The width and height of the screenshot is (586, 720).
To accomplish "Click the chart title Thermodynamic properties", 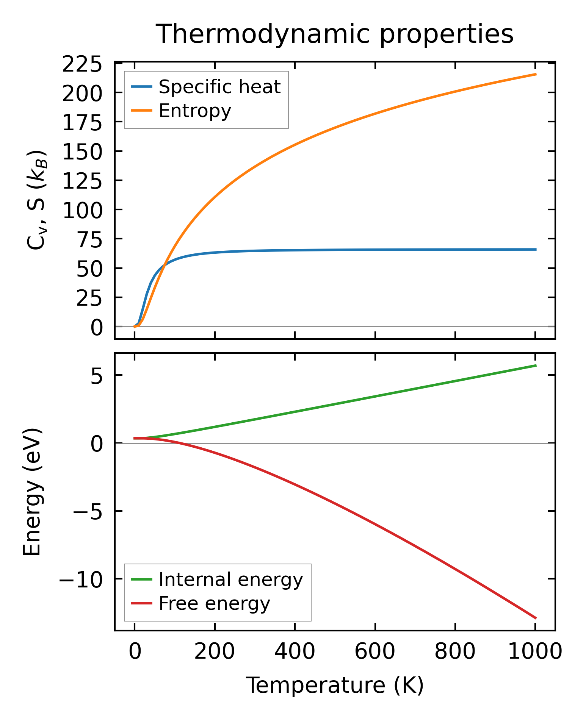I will [335, 34].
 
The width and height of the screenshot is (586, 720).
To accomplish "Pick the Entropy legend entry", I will [194, 111].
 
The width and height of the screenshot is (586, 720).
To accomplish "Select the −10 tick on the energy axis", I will [80, 580].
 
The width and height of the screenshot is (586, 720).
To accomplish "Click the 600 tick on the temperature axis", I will [374, 651].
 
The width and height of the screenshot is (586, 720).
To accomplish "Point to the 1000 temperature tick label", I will [534, 651].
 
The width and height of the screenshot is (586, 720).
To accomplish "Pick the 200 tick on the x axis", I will [215, 651].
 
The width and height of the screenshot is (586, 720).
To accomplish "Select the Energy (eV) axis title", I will [32, 492].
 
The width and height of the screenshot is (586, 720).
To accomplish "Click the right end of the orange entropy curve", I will [535, 74].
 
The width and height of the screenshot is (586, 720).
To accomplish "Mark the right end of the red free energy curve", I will [535, 618].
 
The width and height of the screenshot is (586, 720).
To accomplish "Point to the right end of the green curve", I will [535, 365].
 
